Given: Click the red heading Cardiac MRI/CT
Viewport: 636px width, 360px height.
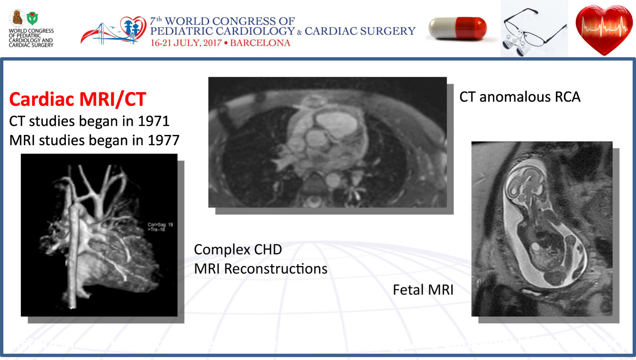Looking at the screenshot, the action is point(77,99).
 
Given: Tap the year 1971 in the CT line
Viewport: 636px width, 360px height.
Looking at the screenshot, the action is point(154,121).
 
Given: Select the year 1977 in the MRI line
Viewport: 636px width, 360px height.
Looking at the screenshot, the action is point(164,140).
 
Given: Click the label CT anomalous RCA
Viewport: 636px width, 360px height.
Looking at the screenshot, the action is point(520,97).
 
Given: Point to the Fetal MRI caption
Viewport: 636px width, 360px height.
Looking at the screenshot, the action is point(423,289).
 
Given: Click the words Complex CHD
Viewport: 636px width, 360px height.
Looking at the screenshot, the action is point(238,250).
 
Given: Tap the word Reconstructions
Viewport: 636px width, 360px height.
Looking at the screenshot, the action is point(276,268).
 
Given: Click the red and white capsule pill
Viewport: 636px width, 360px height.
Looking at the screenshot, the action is point(458,28).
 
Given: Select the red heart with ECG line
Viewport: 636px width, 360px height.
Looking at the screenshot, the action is point(604,30).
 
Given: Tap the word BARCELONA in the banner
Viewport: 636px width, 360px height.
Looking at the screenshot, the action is point(260,43).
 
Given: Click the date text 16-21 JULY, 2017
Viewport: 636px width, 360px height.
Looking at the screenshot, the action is point(186,43).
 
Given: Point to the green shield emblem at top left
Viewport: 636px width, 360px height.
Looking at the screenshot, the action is point(32,18).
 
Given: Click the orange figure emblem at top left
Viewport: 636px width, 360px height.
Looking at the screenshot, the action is point(18,18).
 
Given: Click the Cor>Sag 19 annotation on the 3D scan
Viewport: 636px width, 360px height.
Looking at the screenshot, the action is point(160,225).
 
